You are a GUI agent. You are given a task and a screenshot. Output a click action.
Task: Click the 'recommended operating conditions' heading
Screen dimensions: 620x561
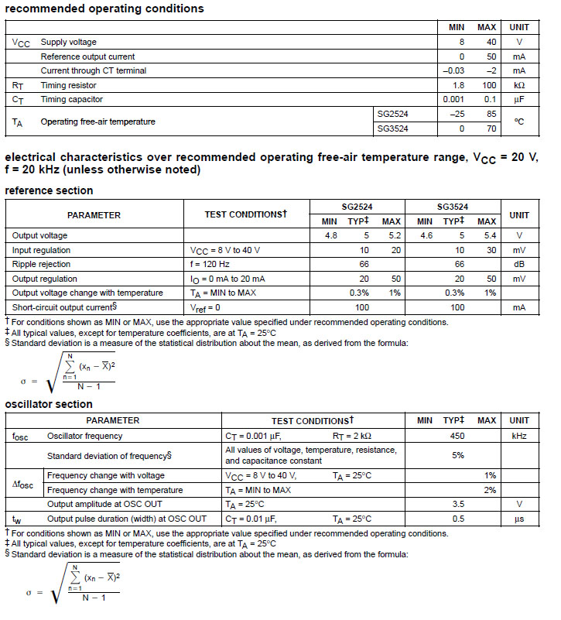tap(104, 9)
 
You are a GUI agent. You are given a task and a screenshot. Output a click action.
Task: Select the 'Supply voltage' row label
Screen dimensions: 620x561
tap(68, 42)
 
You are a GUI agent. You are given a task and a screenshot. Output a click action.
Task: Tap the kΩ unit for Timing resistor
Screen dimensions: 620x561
tap(518, 85)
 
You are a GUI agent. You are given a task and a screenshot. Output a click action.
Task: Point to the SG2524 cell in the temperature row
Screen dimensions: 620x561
tap(392, 114)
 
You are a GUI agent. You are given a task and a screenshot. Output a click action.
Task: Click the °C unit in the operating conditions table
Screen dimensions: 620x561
tap(518, 122)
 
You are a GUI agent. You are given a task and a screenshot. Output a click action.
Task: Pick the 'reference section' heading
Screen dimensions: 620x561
tap(49, 190)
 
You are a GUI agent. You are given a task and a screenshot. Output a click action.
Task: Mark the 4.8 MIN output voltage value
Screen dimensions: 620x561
tap(330, 235)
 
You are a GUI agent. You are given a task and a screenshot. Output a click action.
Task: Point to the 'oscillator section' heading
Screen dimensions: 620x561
tap(49, 404)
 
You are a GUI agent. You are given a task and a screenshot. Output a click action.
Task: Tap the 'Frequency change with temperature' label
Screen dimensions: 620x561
tap(115, 490)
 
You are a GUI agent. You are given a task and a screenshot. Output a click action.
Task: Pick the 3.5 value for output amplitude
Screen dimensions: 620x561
tap(457, 504)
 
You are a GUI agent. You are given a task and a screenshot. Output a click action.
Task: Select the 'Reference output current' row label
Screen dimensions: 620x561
tap(87, 57)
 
